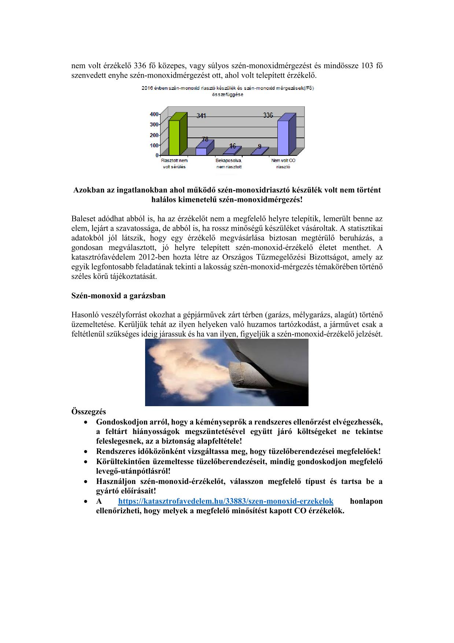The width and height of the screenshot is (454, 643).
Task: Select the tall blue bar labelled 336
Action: (283, 137)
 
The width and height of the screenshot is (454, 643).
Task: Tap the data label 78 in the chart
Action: (205, 139)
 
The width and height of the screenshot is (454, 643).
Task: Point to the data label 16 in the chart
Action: (232, 146)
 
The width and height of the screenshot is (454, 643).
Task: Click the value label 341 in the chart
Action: (201, 116)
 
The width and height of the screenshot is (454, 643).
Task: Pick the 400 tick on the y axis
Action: (154, 114)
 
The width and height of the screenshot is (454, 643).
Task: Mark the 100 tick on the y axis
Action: (154, 145)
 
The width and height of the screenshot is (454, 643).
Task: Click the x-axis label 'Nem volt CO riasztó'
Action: (283, 163)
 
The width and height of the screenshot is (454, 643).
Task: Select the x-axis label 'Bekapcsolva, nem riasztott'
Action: (229, 163)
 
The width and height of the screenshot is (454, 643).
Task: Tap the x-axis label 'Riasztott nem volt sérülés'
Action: (174, 163)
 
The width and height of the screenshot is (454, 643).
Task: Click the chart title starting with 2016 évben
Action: (228, 91)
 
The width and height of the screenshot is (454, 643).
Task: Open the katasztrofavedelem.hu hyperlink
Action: (226, 501)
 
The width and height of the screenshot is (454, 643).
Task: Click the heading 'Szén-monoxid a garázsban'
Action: (118, 295)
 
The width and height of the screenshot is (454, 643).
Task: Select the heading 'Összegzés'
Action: (89, 411)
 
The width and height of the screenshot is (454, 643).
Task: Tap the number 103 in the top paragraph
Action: (367, 66)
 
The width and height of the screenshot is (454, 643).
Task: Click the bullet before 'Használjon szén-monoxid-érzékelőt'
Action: (85, 482)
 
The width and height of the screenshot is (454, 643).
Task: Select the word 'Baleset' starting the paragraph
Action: (83, 219)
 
